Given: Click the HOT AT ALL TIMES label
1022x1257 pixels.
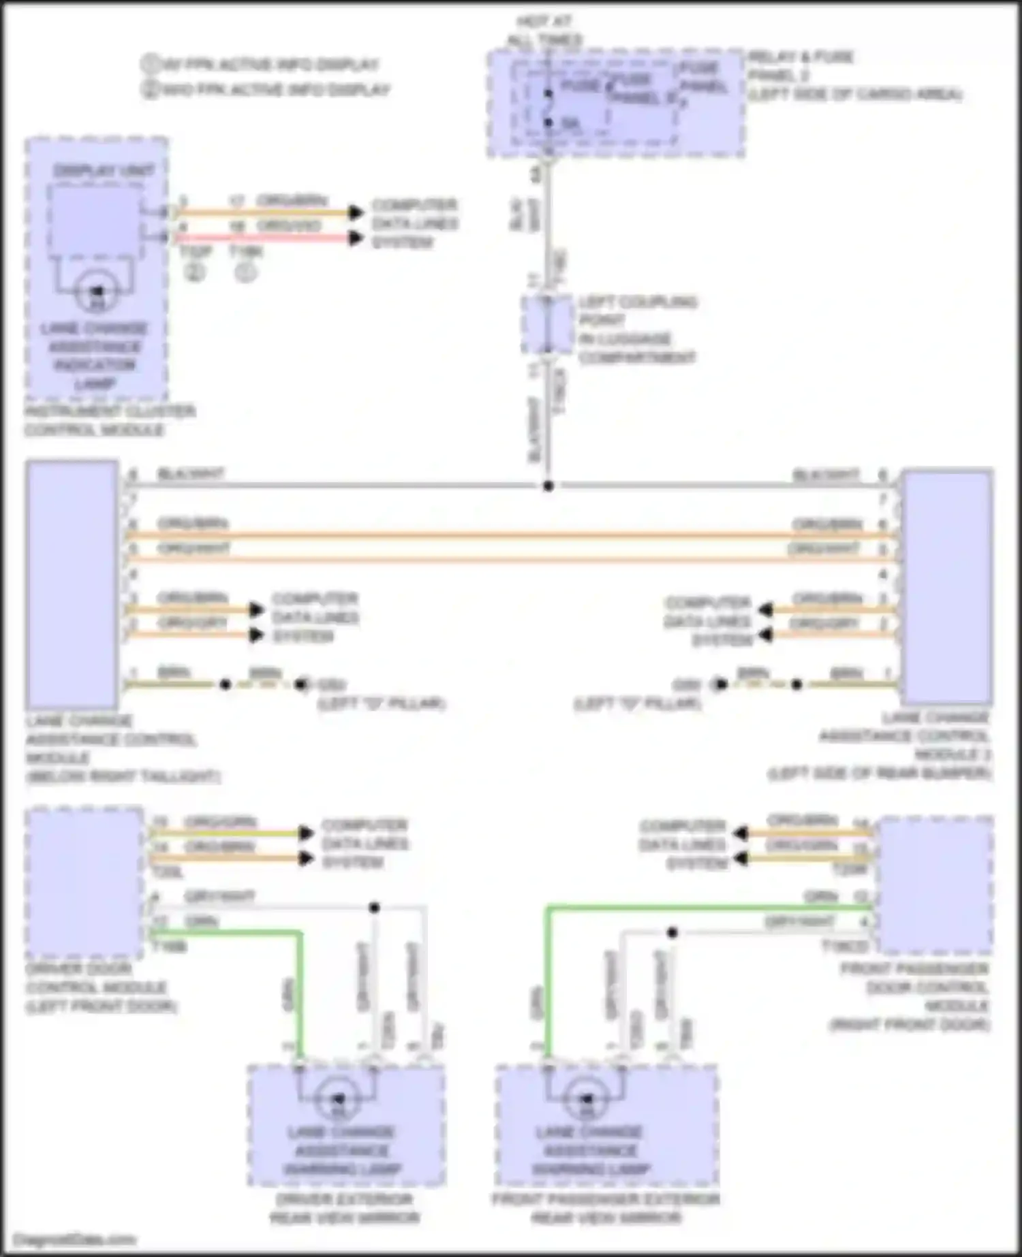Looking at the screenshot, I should point(544,31).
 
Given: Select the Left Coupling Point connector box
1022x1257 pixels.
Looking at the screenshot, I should point(547,325).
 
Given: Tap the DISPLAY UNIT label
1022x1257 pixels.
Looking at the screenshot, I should point(104,170).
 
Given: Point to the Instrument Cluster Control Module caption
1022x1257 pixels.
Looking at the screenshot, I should point(109,420).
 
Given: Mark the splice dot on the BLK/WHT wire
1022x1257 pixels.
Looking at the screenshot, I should point(548,486).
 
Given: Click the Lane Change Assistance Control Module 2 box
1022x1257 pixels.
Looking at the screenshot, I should point(946,586).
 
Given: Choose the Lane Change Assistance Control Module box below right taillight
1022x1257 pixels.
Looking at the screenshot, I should point(72,584).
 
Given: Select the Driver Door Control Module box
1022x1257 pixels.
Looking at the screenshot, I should point(84,882).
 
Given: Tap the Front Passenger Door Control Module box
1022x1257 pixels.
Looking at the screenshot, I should point(935,885).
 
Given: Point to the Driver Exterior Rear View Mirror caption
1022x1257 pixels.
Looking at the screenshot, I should point(344,1207).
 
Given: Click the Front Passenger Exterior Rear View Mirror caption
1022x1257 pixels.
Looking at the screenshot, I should point(606,1207).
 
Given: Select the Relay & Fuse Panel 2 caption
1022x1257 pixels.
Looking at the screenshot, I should point(854,75).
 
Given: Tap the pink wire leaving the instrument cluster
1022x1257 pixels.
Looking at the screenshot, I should point(266,238).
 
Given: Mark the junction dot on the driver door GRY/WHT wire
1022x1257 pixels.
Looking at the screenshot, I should point(374,907).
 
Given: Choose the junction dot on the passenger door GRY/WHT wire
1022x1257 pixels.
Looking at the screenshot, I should point(672,932).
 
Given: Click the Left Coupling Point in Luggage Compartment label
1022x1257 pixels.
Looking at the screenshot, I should point(637,330).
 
